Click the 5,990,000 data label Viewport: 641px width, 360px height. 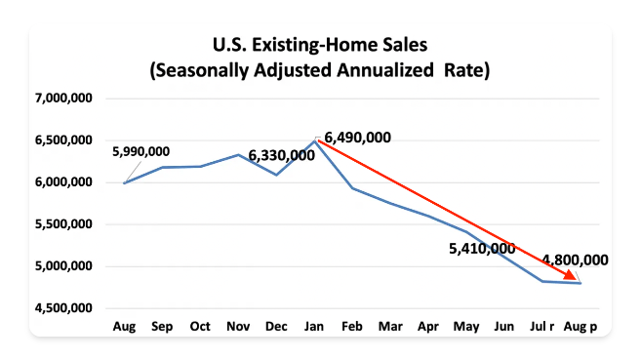point(141,151)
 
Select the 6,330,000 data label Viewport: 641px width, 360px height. point(281,155)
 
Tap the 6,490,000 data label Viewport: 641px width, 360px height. point(358,138)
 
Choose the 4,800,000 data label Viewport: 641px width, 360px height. point(576,260)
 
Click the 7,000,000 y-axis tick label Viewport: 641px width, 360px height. point(63,99)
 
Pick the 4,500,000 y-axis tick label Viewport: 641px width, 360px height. point(63,308)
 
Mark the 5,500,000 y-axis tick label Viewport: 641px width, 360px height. point(63,224)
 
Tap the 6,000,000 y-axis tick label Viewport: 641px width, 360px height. point(63,182)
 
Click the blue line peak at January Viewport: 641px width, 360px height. point(314,140)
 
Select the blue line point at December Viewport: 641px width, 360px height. point(276,175)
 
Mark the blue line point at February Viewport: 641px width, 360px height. point(352,187)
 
